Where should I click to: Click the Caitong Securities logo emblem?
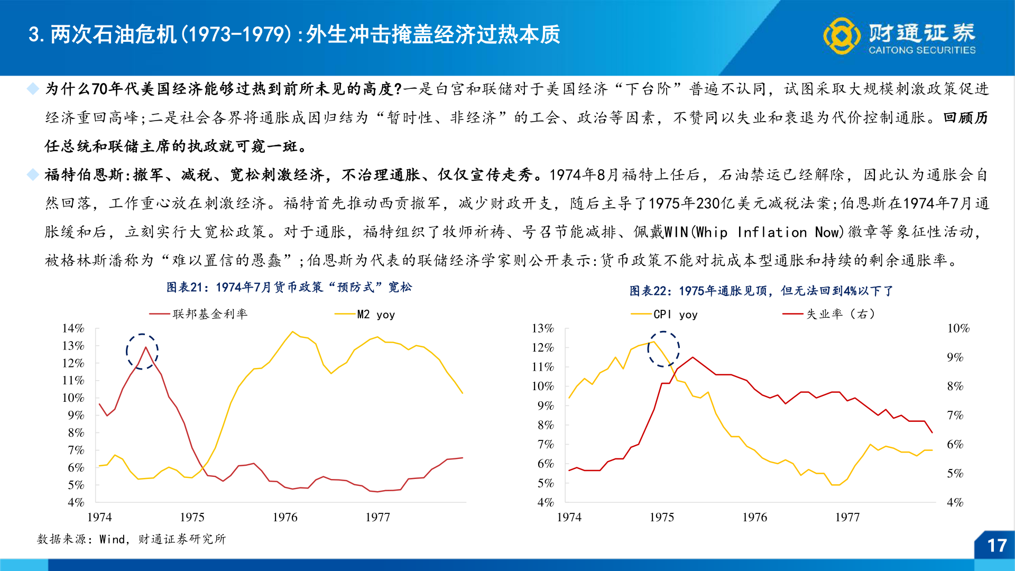pyautogui.click(x=842, y=35)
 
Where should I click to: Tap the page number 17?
pyautogui.click(x=996, y=546)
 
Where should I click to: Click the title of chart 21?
pyautogui.click(x=289, y=287)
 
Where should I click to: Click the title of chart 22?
pyautogui.click(x=761, y=291)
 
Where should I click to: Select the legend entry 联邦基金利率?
pyautogui.click(x=210, y=314)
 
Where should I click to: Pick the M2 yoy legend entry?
pyautogui.click(x=376, y=315)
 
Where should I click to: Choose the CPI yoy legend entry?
pyautogui.click(x=675, y=315)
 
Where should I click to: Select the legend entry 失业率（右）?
pyautogui.click(x=841, y=314)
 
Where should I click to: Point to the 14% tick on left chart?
pyautogui.click(x=73, y=328)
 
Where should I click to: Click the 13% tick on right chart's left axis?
pyautogui.click(x=542, y=328)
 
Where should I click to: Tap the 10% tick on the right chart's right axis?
pyautogui.click(x=958, y=328)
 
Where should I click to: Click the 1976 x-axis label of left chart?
pyautogui.click(x=285, y=517)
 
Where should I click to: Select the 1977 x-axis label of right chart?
pyautogui.click(x=847, y=517)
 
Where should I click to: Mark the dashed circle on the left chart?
pyautogui.click(x=142, y=351)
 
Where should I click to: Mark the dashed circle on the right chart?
pyautogui.click(x=663, y=349)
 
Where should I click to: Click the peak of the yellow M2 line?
pyautogui.click(x=292, y=331)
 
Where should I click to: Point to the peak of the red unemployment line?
pyautogui.click(x=693, y=357)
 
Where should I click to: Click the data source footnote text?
pyautogui.click(x=131, y=539)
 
